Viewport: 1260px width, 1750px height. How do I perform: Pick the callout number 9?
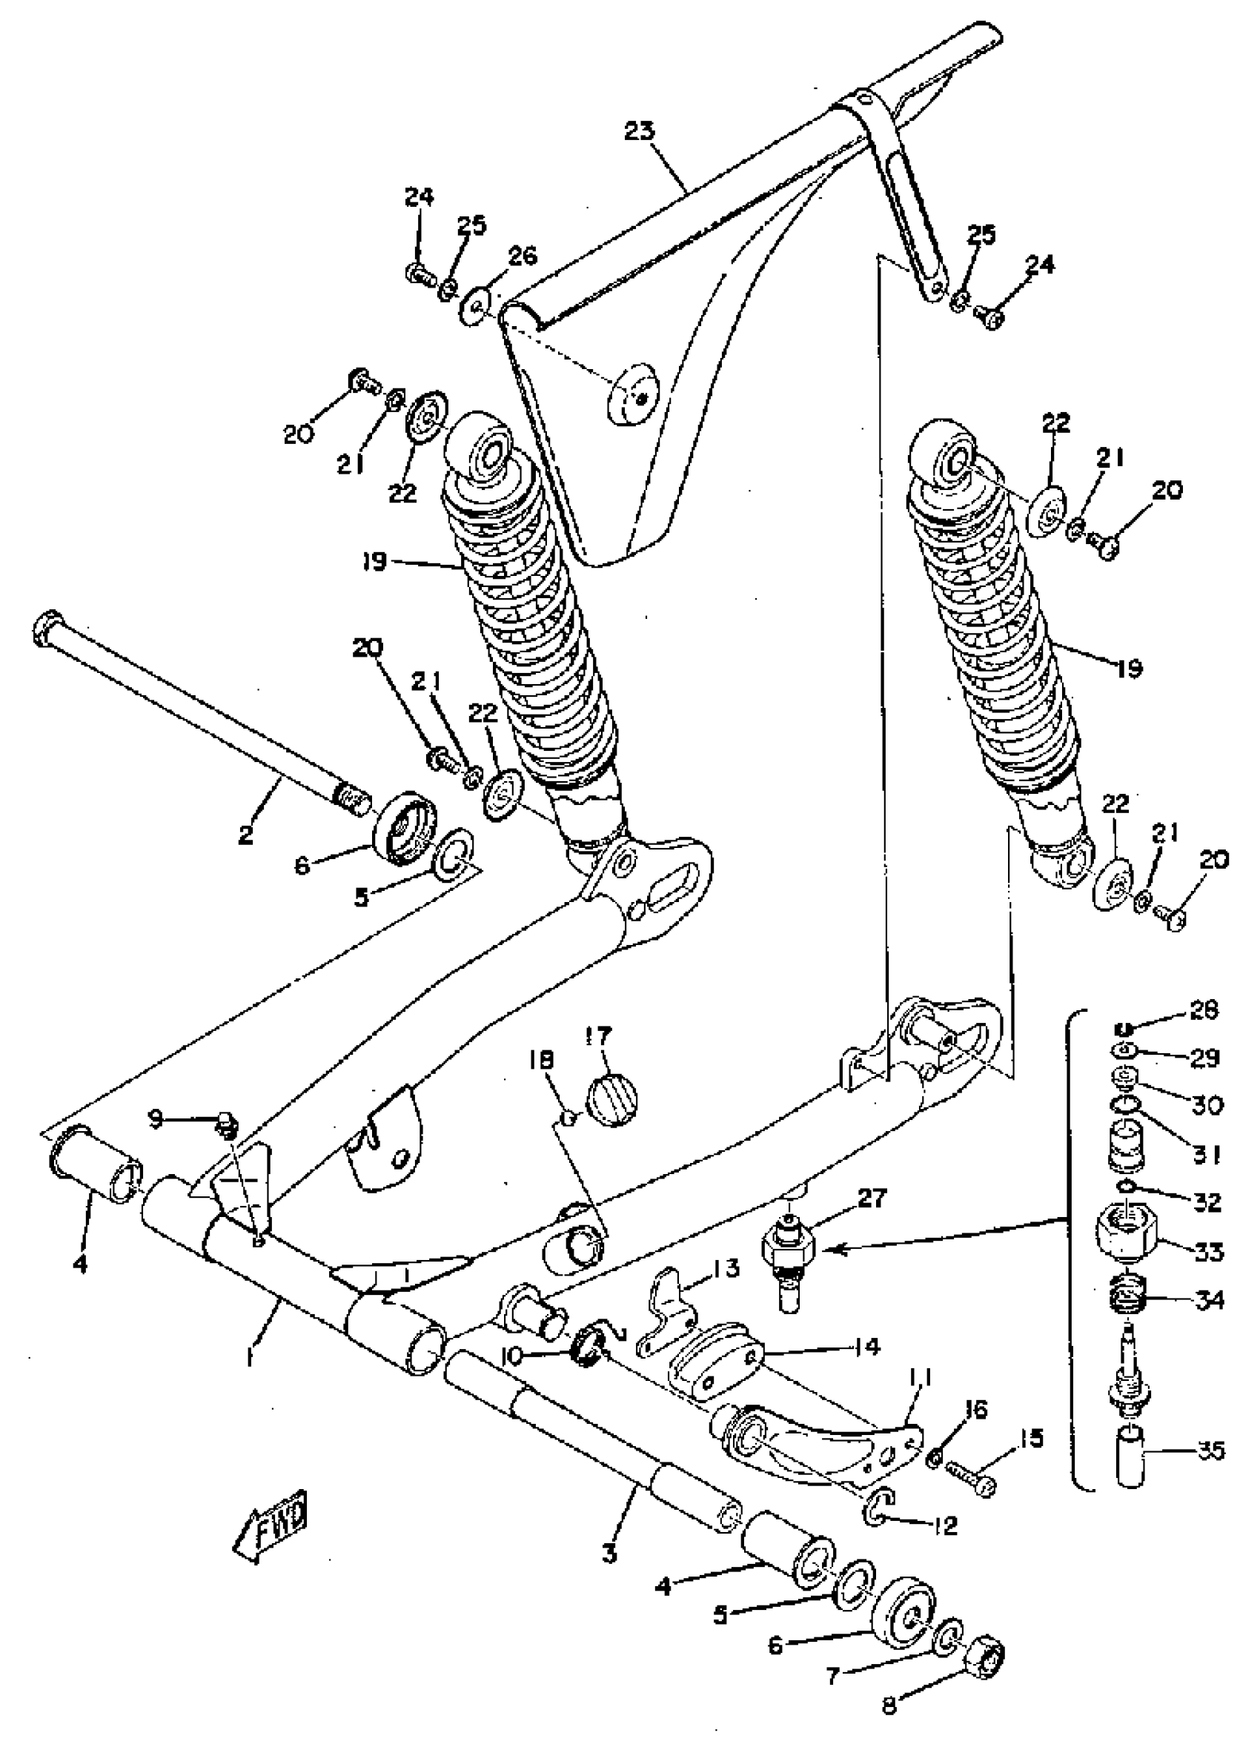click(156, 1118)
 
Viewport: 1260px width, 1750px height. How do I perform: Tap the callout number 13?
click(726, 1267)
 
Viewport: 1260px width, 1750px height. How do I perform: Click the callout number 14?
click(866, 1347)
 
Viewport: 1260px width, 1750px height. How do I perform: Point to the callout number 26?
click(523, 256)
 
